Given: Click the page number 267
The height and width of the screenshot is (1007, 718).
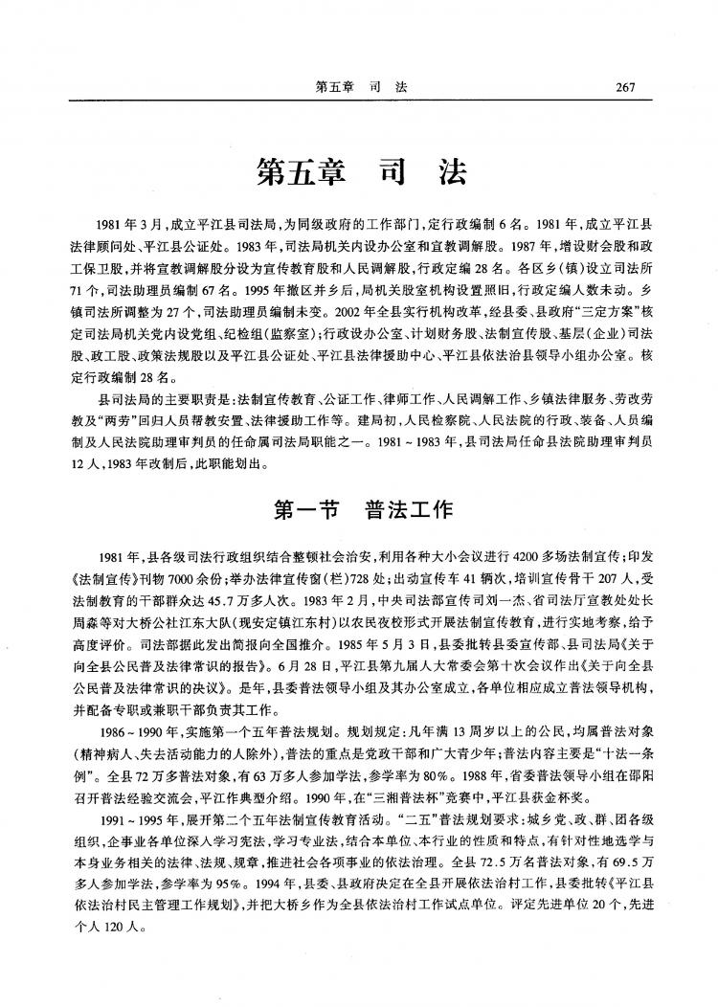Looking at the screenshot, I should click(627, 87).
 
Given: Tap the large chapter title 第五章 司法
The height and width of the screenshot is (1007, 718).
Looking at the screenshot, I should click(360, 172).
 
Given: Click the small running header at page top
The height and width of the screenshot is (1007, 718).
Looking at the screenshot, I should click(361, 87).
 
